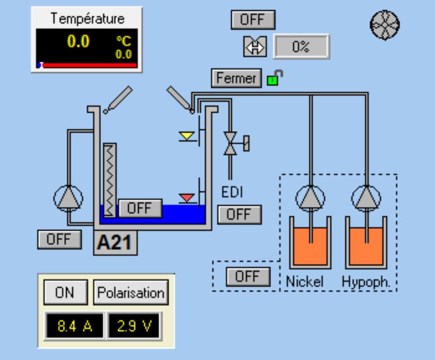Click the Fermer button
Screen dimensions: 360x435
pos(236,78)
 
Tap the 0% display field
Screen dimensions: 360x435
pos(301,47)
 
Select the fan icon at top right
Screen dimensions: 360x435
pos(385,24)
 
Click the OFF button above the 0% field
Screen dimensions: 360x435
pos(252,20)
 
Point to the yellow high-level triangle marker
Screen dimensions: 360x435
pos(187,136)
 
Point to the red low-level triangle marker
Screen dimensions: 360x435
pos(187,197)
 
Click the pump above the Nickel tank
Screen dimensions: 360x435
pos(310,198)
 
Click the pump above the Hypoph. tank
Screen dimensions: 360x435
pos(366,198)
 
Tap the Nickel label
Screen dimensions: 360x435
pos(305,281)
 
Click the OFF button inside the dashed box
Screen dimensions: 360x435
pos(248,277)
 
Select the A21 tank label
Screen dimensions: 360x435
pos(115,243)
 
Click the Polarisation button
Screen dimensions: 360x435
pos(131,293)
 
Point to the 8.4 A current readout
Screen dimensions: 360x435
pos(74,326)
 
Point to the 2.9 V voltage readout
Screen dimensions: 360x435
pos(134,326)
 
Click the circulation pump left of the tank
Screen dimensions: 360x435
pos(68,198)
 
